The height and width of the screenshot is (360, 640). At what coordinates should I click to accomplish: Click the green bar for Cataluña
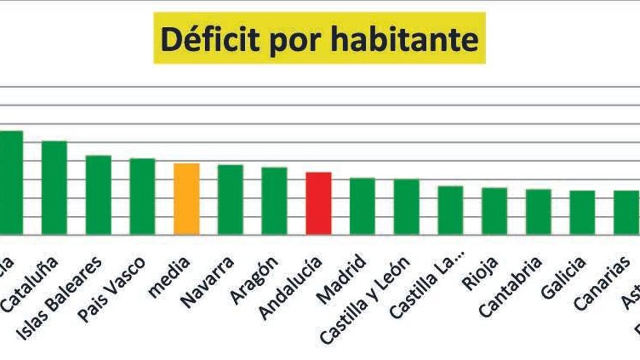(55, 187)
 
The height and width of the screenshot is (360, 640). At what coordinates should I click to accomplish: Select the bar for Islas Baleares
(98, 194)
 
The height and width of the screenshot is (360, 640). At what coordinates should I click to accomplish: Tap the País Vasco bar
(143, 196)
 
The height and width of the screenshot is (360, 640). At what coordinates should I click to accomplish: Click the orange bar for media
(187, 199)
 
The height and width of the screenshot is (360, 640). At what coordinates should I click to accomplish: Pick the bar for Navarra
(231, 199)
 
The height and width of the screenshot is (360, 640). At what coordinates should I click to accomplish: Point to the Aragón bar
(274, 201)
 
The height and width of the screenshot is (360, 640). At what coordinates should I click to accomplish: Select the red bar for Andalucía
(319, 203)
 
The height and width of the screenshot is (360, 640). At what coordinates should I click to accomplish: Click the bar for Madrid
(362, 206)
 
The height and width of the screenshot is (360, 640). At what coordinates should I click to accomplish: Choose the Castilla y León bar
(407, 207)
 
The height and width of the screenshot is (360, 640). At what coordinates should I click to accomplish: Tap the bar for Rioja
(495, 211)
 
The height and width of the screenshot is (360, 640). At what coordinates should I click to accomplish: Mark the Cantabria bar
(538, 212)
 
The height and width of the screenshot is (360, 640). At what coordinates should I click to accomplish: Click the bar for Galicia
(583, 212)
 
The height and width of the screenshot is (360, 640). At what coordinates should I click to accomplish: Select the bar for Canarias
(626, 212)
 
